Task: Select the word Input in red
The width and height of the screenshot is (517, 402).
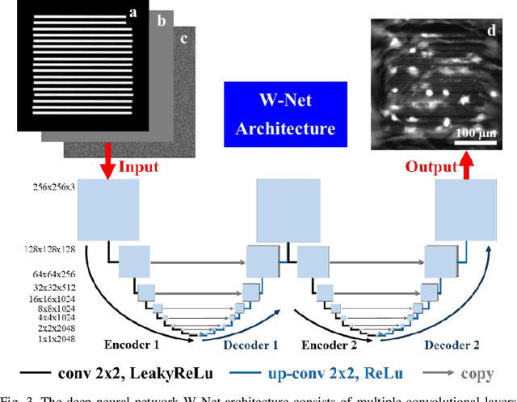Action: point(139,166)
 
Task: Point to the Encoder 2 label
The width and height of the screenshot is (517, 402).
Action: point(330,345)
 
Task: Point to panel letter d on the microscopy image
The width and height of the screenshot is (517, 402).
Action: point(491,31)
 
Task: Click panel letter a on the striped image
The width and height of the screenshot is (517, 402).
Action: point(132,12)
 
